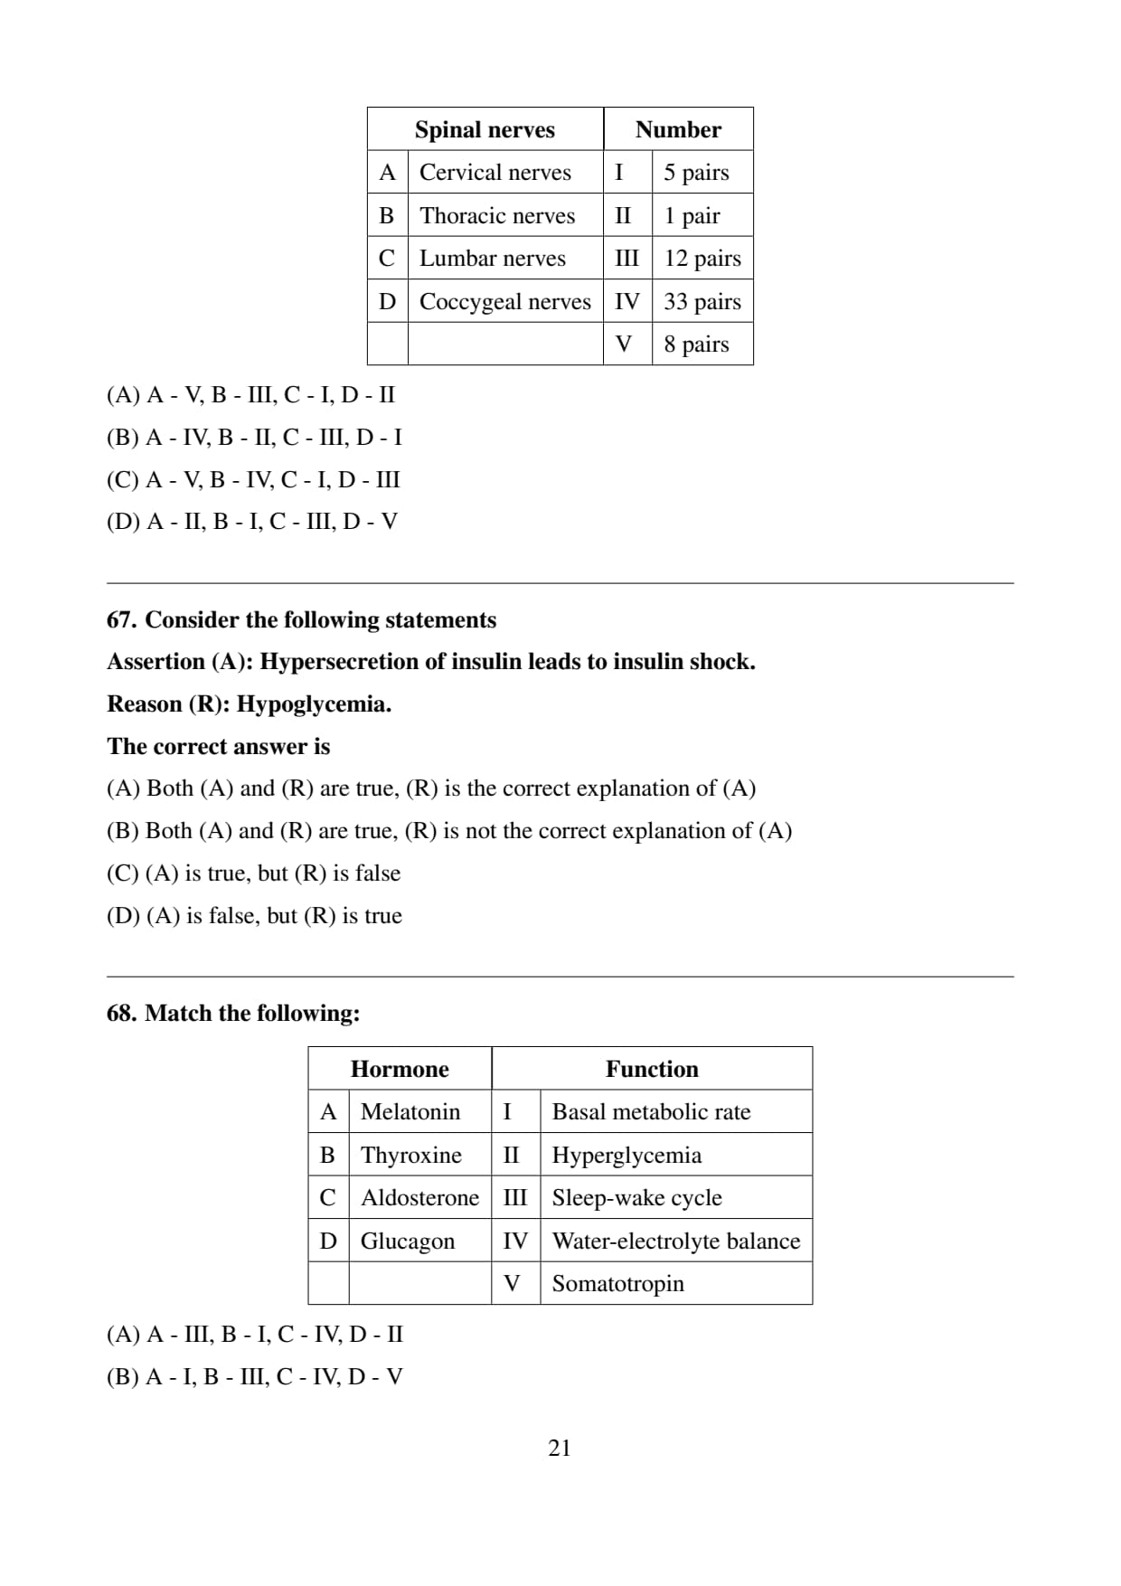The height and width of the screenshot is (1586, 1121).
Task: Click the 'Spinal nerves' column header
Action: point(485,129)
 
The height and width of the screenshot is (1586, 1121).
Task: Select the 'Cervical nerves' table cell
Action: point(495,172)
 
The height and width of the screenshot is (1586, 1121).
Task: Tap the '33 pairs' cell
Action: point(702,301)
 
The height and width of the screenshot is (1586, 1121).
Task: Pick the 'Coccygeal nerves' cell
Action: point(504,301)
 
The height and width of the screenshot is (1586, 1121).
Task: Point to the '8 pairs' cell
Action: point(695,344)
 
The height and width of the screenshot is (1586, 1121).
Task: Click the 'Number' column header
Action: point(678,129)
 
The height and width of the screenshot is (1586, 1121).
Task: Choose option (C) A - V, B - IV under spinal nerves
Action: point(253,479)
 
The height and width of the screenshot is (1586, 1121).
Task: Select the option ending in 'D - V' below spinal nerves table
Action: point(251,522)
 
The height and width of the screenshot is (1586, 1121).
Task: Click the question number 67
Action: point(122,619)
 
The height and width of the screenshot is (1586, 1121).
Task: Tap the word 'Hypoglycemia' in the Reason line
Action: point(313,703)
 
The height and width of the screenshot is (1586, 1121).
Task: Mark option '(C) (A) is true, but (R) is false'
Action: point(253,873)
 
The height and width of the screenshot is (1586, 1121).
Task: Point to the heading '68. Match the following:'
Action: point(233,1013)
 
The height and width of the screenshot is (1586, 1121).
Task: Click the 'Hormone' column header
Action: point(400,1069)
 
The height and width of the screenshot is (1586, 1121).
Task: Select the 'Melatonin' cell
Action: point(410,1111)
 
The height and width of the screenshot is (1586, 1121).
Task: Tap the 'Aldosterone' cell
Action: point(419,1197)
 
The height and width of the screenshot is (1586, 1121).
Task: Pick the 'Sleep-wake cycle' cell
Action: point(636,1197)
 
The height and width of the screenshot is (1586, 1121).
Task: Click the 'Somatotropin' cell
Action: point(617,1283)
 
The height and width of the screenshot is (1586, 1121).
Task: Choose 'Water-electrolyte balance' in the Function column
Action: point(675,1241)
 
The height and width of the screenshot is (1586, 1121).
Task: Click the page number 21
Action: point(560,1448)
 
